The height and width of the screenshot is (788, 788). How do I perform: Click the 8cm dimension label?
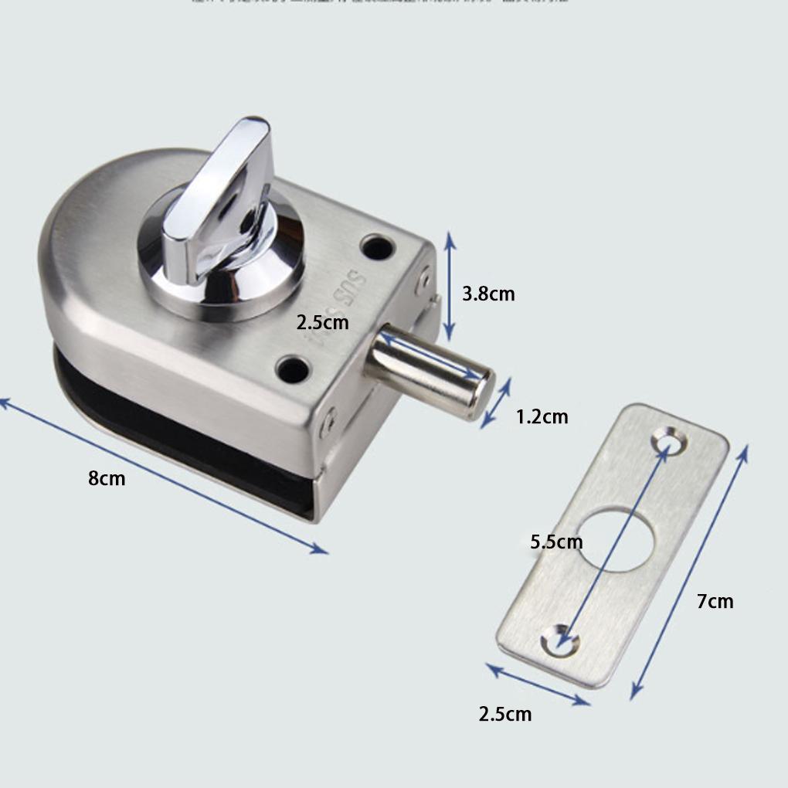point(107,478)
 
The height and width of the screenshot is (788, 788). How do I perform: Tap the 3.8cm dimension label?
point(488,294)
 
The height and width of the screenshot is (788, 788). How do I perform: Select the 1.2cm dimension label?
point(542,417)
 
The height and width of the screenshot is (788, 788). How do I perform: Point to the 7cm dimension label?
point(715,600)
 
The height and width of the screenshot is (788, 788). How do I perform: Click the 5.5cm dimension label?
point(556,542)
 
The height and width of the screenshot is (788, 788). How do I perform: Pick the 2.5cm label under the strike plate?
point(505,714)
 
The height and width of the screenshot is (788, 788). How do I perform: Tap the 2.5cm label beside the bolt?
point(323,321)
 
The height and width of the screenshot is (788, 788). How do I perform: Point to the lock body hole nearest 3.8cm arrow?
point(378,247)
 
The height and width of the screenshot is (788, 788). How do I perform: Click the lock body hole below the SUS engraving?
point(293,369)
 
